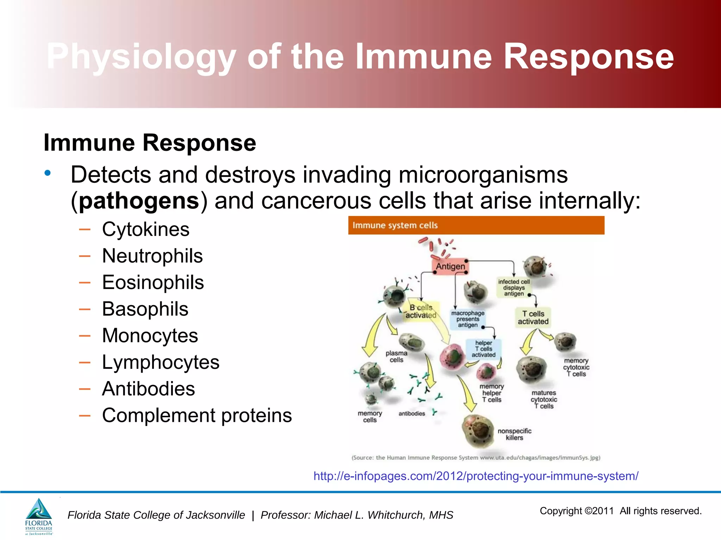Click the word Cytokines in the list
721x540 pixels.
145,230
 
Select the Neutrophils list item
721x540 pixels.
152,256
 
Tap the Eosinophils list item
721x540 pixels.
153,283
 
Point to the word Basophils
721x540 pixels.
145,309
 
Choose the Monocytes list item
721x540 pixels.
150,336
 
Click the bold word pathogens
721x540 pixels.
139,201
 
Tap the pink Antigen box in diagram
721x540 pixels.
450,266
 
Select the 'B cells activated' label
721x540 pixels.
421,311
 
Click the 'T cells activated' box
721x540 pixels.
533,317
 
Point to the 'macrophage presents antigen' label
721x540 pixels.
468,319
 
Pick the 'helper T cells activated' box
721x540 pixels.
483,349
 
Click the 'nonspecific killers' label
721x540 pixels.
514,434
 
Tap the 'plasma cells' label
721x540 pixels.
396,356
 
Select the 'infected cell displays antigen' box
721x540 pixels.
514,288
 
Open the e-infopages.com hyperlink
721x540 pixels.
476,476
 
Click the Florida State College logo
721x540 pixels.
39,516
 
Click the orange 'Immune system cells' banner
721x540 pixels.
476,225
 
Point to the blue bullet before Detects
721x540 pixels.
48,173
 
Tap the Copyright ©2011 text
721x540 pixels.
577,511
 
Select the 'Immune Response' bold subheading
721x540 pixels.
150,143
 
